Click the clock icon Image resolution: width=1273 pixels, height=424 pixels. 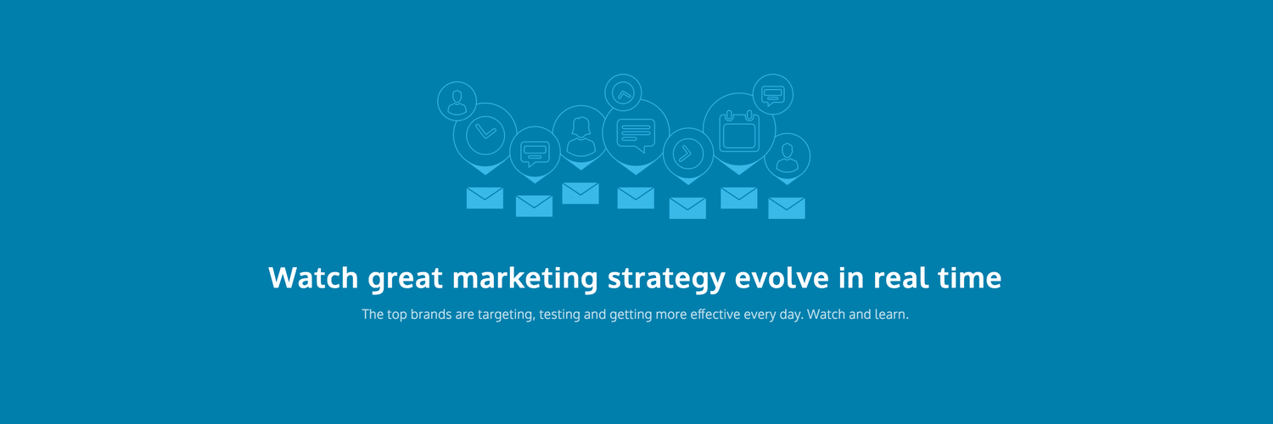[x=485, y=135]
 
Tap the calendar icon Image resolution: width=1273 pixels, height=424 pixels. [x=739, y=131]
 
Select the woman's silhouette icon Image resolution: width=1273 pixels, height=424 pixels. [x=580, y=137]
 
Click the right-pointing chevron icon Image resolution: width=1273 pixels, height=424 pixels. [x=687, y=153]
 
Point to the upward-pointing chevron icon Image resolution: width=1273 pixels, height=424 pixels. [x=624, y=93]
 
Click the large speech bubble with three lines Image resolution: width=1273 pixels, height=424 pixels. [x=636, y=135]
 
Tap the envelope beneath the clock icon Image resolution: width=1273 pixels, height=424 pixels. [x=485, y=198]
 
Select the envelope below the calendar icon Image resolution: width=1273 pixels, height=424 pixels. [x=739, y=198]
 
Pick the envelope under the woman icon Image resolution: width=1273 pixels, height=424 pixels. [x=580, y=193]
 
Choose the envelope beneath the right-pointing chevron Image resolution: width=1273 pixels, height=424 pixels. [x=687, y=209]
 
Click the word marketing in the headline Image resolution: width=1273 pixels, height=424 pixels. [x=525, y=278]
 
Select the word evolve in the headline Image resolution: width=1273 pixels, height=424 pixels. [x=782, y=277]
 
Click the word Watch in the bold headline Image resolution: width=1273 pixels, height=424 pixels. [x=313, y=277]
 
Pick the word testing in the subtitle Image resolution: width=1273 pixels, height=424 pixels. [x=560, y=315]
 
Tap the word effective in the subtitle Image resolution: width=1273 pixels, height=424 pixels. [x=715, y=314]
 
